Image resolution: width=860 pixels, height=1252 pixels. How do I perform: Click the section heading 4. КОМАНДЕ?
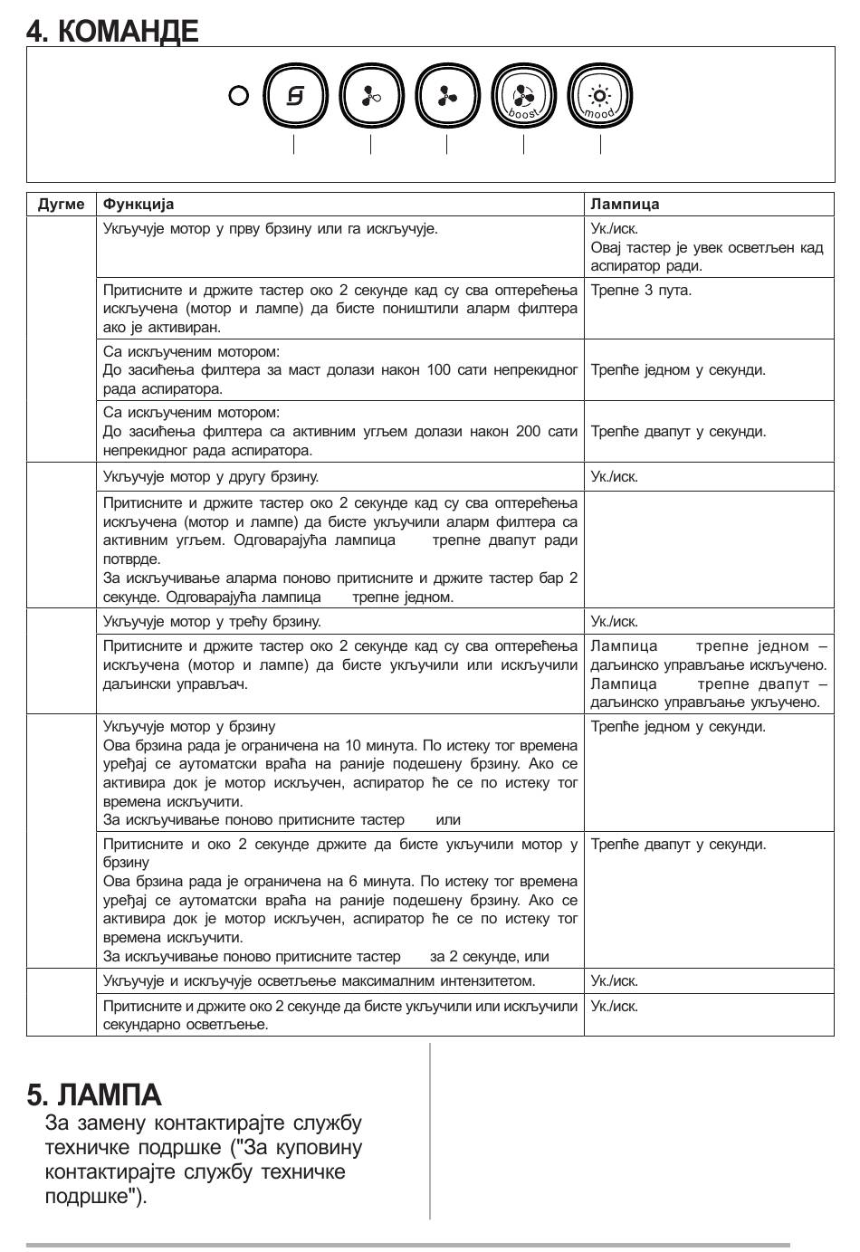(112, 32)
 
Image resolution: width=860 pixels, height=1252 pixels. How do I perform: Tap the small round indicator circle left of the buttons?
(239, 95)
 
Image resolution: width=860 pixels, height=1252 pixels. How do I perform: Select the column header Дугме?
(62, 205)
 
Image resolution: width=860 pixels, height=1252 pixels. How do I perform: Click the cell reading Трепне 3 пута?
(641, 291)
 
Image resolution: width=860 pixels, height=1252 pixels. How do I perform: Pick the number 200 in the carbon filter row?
(528, 432)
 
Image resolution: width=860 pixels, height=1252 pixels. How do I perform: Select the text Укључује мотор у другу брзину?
(211, 476)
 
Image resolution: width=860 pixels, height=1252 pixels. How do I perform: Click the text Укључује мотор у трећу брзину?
(212, 622)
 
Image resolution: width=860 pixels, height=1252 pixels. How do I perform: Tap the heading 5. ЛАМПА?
(94, 1095)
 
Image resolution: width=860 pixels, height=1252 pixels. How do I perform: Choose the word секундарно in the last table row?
(139, 1025)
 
